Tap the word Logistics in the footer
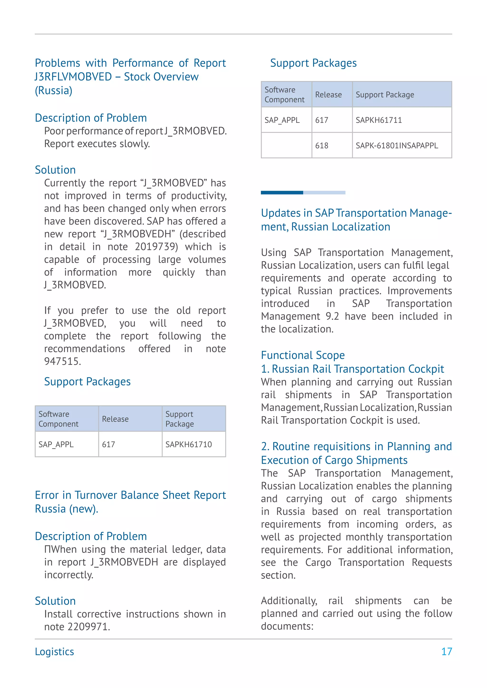(x=54, y=651)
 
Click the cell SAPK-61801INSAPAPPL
(x=396, y=145)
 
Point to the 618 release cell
(x=321, y=145)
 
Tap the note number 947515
(x=62, y=361)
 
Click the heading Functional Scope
(x=302, y=355)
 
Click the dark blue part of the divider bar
(x=282, y=192)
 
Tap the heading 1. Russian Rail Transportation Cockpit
(x=352, y=369)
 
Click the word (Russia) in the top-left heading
(x=53, y=90)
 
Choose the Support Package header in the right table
(x=385, y=95)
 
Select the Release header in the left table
(x=115, y=419)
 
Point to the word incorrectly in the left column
(x=69, y=575)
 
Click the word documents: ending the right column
(x=287, y=626)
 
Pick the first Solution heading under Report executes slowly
(x=55, y=170)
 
